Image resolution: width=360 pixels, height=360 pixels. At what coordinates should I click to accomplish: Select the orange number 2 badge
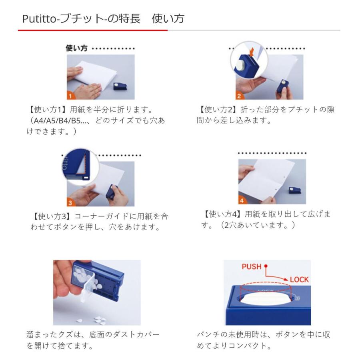pyautogui.click(x=239, y=96)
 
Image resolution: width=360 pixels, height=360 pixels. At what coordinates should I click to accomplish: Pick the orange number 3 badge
pyautogui.click(x=70, y=203)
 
